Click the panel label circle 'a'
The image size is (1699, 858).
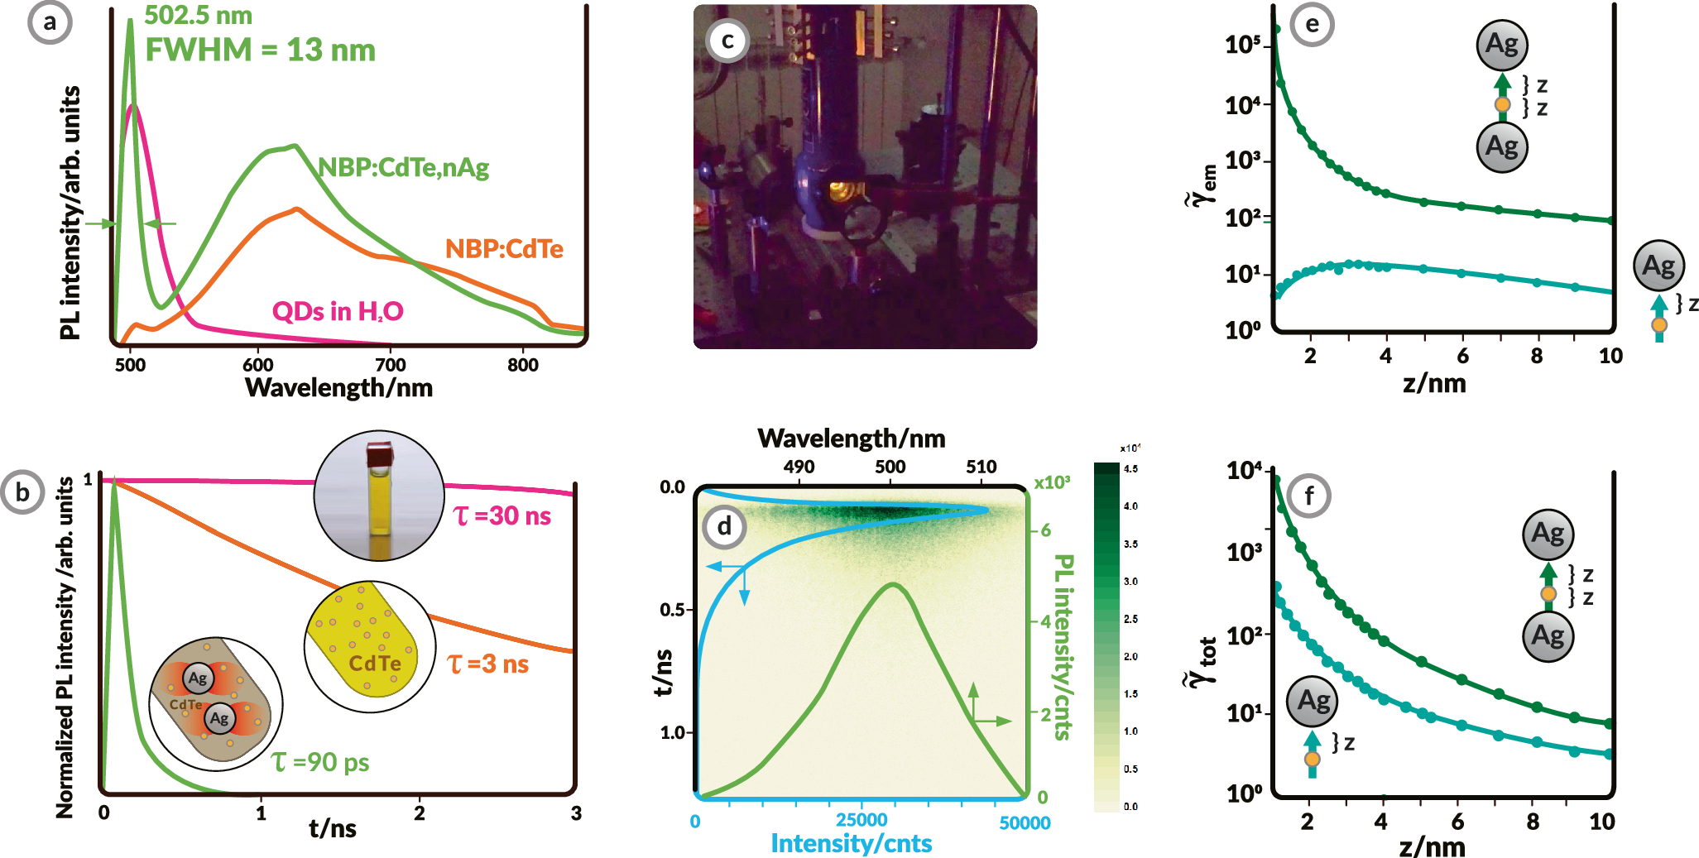(x=50, y=22)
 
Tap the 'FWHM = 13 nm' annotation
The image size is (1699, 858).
(x=260, y=50)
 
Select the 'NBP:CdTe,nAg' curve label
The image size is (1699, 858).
(x=404, y=168)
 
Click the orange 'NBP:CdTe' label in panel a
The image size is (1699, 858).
(x=504, y=249)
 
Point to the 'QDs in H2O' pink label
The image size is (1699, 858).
(x=338, y=311)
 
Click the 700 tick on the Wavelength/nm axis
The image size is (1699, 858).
(x=390, y=365)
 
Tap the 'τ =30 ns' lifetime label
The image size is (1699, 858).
(x=502, y=516)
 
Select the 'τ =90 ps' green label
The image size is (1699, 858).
(x=320, y=762)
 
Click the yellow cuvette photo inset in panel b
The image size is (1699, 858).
(x=380, y=496)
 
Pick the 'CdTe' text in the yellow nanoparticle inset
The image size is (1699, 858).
(x=375, y=664)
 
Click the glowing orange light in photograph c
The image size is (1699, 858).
(x=842, y=192)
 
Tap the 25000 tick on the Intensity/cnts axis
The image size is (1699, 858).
(x=861, y=820)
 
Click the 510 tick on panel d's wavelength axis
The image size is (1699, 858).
(x=981, y=467)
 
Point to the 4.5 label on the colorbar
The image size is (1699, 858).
(x=1130, y=469)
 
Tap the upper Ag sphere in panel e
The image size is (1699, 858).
(x=1501, y=45)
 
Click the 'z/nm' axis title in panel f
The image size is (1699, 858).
(x=1432, y=847)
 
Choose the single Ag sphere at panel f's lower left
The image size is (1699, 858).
(x=1312, y=702)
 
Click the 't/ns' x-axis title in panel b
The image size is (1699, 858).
(x=333, y=827)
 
